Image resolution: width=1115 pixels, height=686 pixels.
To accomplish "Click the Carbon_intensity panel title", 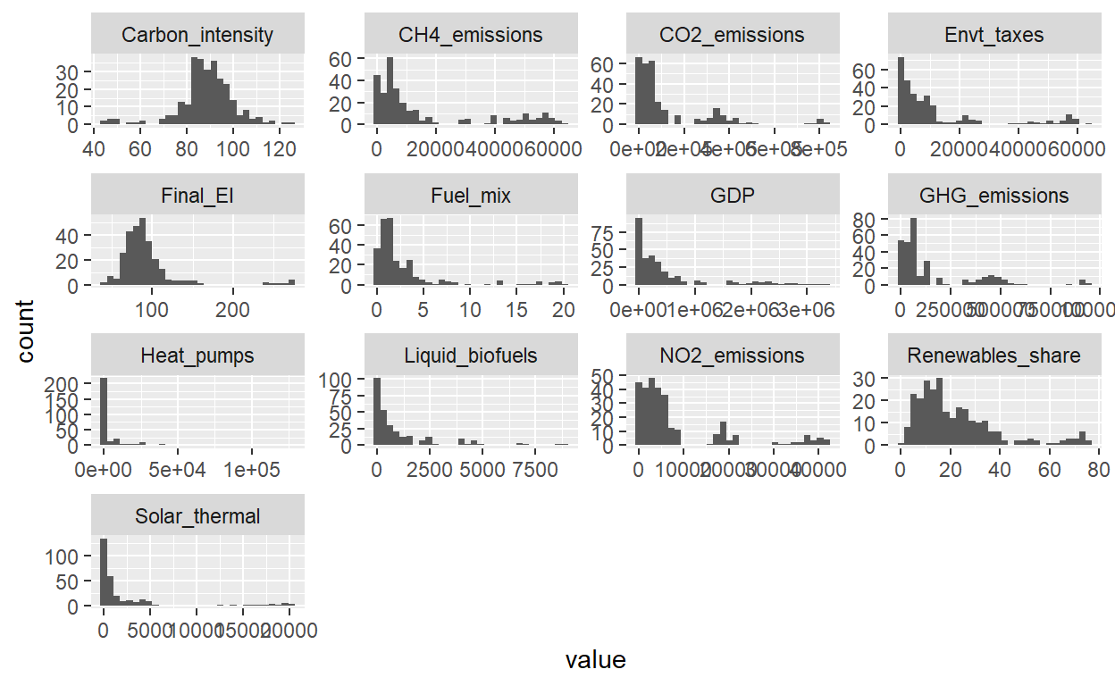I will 197,36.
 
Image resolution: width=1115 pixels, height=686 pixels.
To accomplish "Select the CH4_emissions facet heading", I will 471,36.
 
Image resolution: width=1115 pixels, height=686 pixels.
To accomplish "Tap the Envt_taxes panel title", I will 993,36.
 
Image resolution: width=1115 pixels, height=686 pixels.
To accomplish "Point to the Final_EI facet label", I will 197,196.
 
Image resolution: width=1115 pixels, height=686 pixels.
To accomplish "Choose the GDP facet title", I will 733,196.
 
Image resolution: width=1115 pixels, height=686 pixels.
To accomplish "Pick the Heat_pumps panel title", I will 197,356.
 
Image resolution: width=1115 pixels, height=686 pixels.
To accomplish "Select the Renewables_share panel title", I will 993,356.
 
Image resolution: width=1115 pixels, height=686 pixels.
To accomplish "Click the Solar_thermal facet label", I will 197,516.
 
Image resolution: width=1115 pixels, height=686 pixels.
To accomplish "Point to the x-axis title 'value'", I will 596,660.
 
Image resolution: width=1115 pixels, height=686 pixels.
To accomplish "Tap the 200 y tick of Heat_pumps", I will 70,383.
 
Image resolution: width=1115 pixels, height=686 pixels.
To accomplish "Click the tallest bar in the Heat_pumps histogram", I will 104,411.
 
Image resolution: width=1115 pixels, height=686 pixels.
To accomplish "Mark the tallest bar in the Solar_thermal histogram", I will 104,572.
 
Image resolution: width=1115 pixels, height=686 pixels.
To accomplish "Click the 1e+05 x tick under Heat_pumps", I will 252,469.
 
